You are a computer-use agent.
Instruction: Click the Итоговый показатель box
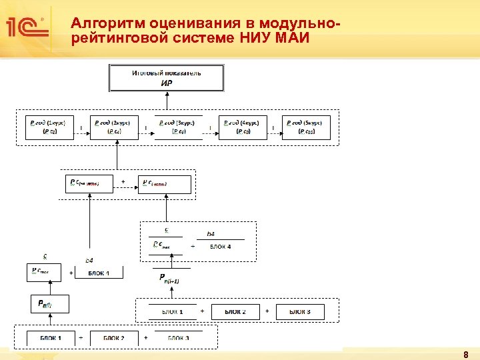click(167, 77)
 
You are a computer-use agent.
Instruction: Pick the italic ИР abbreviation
click(167, 83)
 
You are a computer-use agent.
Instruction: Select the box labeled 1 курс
click(47, 127)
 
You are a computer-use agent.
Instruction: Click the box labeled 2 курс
click(113, 127)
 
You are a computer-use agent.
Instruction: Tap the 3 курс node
click(178, 127)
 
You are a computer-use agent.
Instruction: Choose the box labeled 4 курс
click(243, 127)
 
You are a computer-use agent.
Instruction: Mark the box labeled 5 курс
click(307, 127)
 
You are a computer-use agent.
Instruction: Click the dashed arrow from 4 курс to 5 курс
click(274, 132)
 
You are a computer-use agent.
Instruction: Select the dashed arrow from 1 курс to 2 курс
click(81, 132)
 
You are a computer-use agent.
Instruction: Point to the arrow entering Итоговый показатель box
click(167, 100)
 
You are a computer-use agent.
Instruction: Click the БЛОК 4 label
click(221, 247)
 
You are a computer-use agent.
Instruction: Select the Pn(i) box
click(45, 305)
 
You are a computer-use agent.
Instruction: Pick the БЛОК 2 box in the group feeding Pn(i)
click(114, 338)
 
